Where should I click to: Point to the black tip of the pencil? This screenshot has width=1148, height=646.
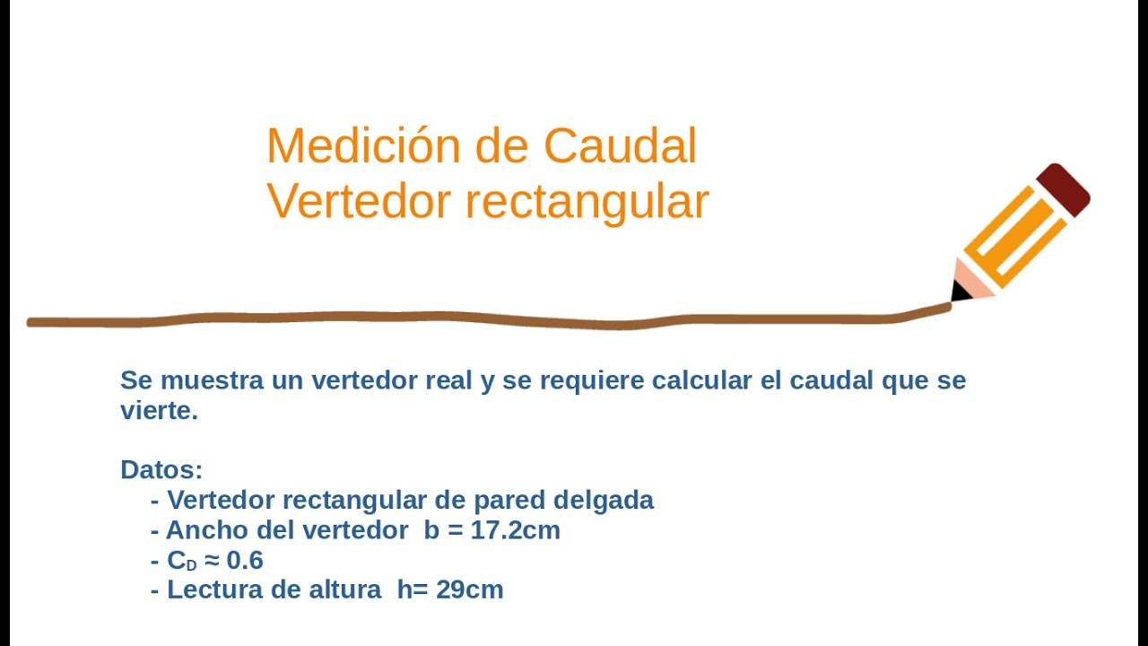[960, 291]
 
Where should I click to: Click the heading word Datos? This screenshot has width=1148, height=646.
[161, 469]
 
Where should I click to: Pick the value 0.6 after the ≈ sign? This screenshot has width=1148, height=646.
[244, 561]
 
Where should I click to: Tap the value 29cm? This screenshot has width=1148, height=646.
[470, 589]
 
